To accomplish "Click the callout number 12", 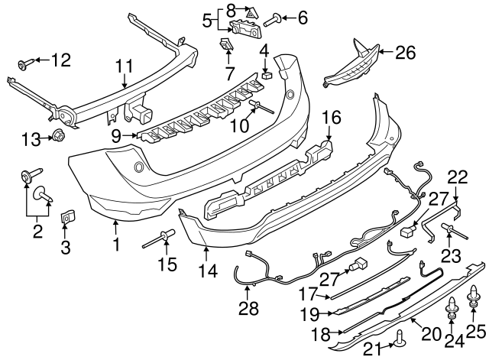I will tap(60, 59).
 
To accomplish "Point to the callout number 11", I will tap(125, 66).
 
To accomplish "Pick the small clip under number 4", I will tap(267, 75).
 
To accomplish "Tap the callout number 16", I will tap(330, 117).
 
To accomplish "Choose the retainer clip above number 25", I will tap(474, 294).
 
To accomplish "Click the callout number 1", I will tap(116, 245).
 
